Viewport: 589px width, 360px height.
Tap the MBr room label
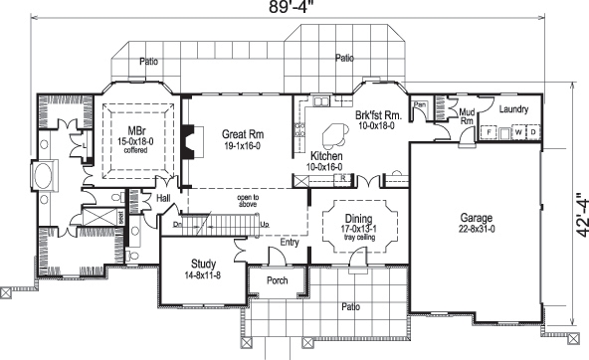(x=135, y=130)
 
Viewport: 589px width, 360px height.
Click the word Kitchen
(x=328, y=157)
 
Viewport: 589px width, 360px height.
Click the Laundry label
(x=513, y=109)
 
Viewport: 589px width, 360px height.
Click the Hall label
(x=165, y=199)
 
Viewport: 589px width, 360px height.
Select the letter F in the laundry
(x=491, y=131)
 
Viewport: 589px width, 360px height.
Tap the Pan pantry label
(x=421, y=104)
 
